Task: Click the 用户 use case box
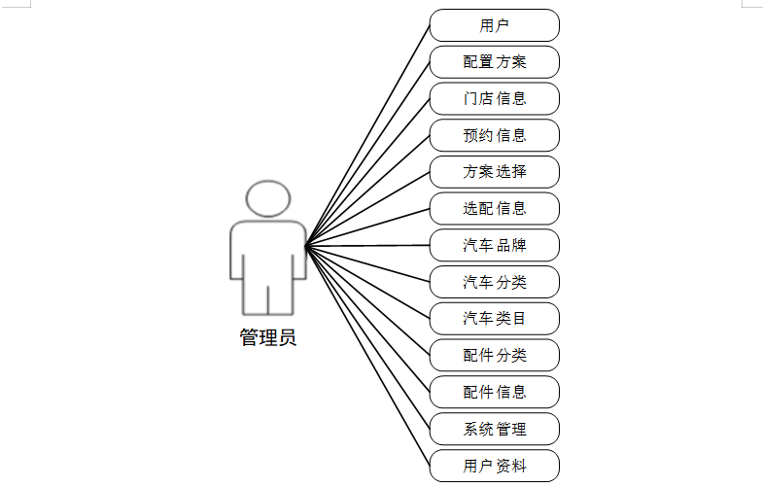(495, 25)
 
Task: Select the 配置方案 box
(495, 62)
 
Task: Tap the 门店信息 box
(495, 98)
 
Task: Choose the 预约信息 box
(495, 135)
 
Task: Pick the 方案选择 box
(495, 172)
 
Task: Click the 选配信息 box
(495, 208)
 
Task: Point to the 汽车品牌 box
(495, 245)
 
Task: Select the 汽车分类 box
(495, 282)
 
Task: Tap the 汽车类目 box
(495, 318)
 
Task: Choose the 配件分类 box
(495, 355)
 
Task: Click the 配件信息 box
(495, 392)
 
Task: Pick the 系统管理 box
(495, 429)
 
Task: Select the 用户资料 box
(495, 466)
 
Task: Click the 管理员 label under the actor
(268, 338)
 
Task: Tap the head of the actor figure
(268, 198)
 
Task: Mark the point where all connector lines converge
(306, 245)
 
